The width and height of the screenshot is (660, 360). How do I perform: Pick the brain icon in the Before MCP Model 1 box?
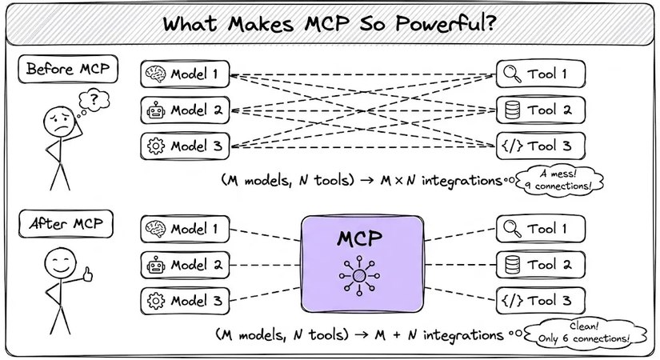(x=154, y=74)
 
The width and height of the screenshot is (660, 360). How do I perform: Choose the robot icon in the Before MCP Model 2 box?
(x=154, y=110)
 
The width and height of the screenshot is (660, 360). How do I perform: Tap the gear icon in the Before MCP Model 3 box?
(x=154, y=146)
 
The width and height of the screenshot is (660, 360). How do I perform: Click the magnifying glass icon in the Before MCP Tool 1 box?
(x=510, y=74)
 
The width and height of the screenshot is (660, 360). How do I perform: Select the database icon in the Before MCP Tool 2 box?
(x=510, y=110)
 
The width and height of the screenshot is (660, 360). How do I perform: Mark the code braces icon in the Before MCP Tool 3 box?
(x=510, y=146)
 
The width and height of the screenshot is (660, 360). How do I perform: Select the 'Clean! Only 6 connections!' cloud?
(x=582, y=334)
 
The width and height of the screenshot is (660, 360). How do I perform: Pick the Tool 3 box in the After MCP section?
(x=541, y=301)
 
